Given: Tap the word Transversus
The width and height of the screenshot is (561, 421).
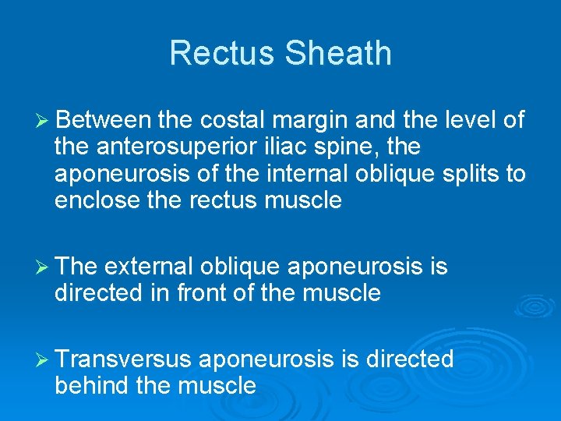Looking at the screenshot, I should (x=123, y=359).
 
